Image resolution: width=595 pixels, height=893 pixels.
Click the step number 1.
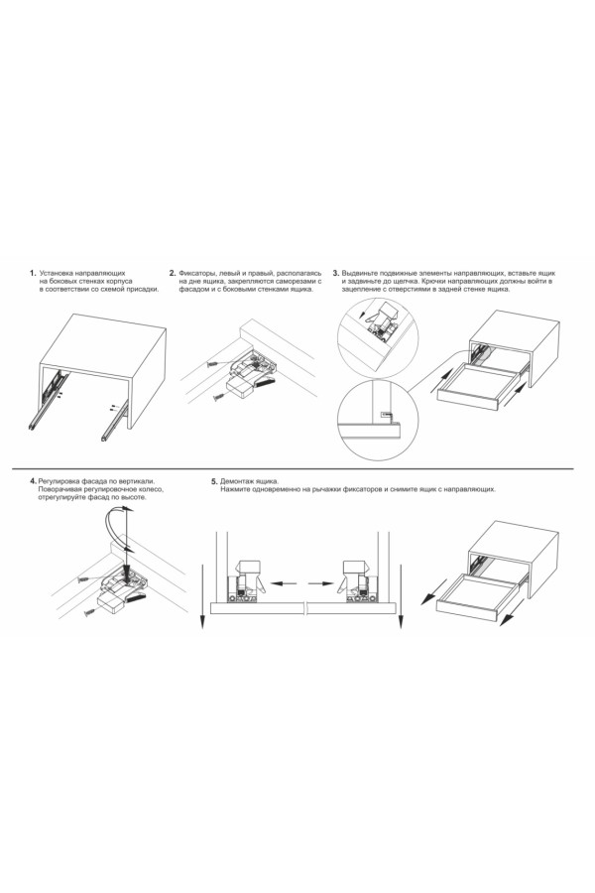(33, 274)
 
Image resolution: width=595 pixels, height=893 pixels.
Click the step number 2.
(173, 274)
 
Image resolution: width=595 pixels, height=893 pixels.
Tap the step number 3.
(336, 274)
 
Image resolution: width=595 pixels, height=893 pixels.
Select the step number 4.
(34, 481)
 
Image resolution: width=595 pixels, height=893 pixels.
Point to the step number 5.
(214, 481)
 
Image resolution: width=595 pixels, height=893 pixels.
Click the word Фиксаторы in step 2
(194, 274)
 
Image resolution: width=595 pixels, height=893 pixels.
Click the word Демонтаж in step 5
(236, 481)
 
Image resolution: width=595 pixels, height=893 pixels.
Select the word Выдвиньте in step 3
(359, 274)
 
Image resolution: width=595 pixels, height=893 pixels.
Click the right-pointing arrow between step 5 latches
(321, 582)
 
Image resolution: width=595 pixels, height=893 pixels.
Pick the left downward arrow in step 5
(202, 597)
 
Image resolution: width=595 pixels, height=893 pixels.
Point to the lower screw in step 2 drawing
(220, 396)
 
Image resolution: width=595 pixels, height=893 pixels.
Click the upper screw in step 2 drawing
(214, 363)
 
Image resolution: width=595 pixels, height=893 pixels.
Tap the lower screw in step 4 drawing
(90, 614)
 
